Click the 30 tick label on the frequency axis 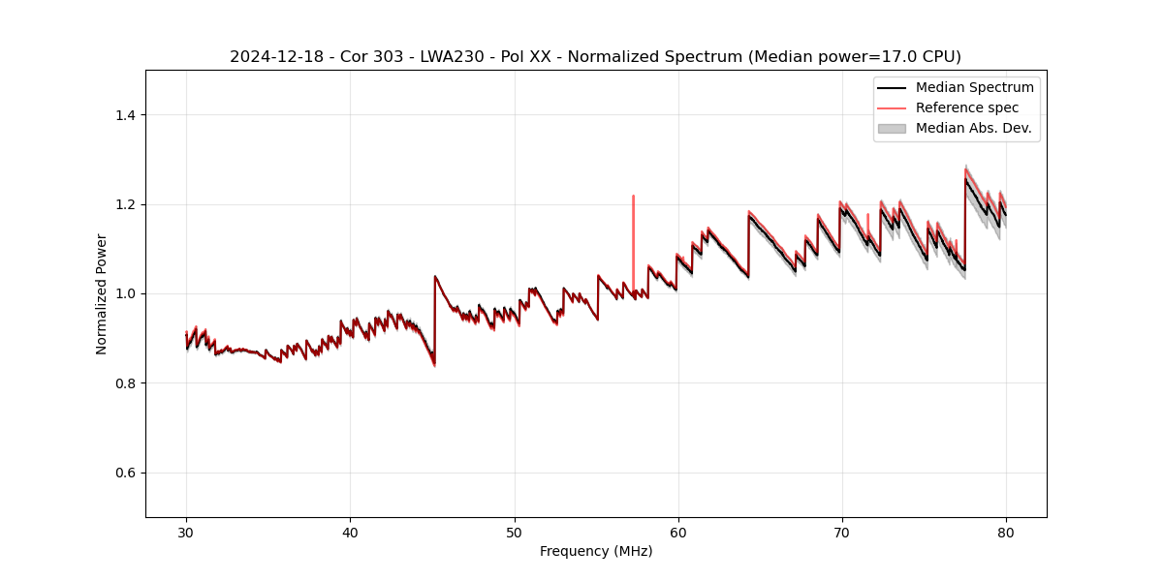click(186, 532)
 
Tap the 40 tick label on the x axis click(350, 532)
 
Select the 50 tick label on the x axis click(515, 532)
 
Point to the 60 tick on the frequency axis click(678, 532)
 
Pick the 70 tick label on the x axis click(842, 532)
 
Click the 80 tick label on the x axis click(1006, 532)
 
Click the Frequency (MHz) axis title click(596, 551)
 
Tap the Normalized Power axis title click(102, 293)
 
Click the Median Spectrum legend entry click(974, 87)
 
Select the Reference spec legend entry click(967, 107)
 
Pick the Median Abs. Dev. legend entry click(973, 128)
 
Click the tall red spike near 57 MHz click(633, 223)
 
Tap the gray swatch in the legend click(892, 128)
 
